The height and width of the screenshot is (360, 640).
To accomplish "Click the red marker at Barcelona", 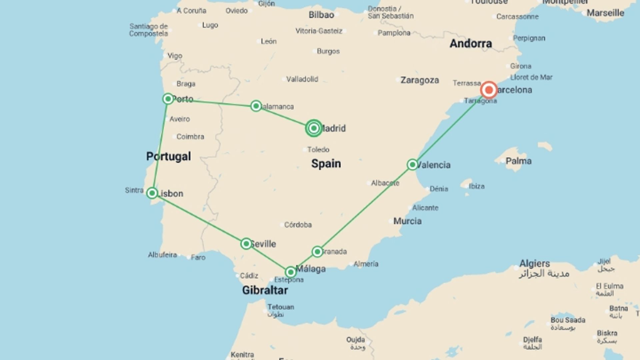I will [x=489, y=90].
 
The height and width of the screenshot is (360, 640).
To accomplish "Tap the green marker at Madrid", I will [x=314, y=128].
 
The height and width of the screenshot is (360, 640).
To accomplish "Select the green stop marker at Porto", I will [x=168, y=99].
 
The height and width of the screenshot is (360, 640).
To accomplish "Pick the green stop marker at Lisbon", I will [x=152, y=193].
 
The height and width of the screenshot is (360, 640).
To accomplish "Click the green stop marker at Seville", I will [x=246, y=244].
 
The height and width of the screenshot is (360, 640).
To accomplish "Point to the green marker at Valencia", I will [x=412, y=165].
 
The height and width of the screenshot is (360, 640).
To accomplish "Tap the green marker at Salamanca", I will [x=256, y=106].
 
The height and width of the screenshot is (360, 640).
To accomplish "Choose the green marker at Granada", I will [x=317, y=252].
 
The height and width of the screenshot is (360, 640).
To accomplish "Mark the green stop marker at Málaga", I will [x=291, y=272].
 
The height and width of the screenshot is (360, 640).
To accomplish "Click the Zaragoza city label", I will [x=420, y=80].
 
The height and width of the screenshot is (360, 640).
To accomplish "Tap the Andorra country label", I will [x=471, y=43].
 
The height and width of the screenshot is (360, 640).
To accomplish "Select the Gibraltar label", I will [x=265, y=290].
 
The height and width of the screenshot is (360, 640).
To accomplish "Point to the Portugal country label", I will [x=169, y=156].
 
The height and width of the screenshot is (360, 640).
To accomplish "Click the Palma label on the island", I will [x=518, y=161].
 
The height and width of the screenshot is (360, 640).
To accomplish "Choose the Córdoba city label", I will [x=298, y=225].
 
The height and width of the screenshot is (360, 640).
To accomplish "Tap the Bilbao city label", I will [x=321, y=15].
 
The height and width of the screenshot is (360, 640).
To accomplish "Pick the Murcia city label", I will [x=407, y=221].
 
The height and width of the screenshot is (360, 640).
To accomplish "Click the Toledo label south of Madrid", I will [x=318, y=150].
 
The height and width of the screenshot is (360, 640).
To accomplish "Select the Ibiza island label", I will [x=477, y=186].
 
